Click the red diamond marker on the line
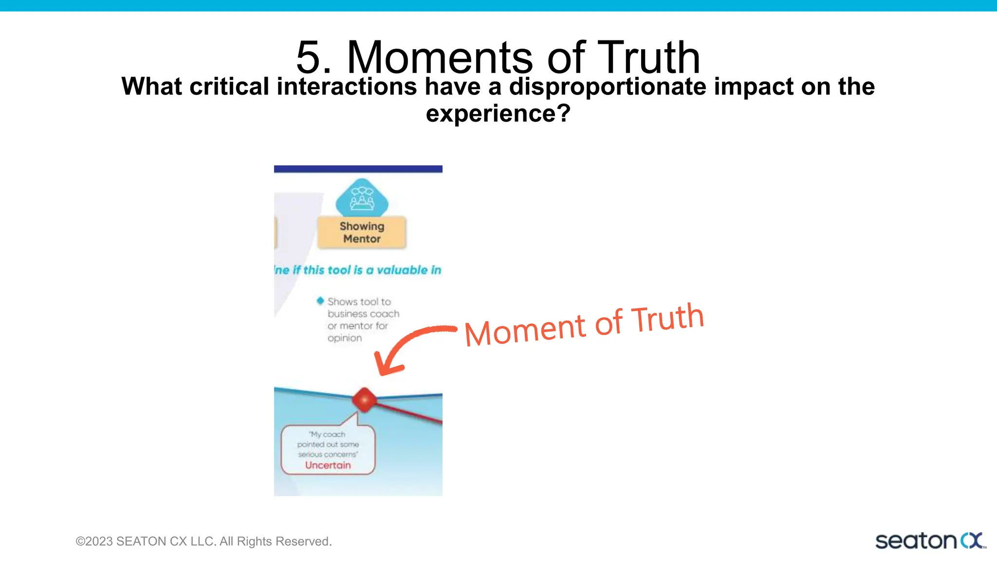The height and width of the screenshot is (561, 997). click(364, 399)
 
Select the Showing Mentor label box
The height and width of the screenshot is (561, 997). click(362, 233)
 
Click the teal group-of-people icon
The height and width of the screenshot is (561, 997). click(362, 198)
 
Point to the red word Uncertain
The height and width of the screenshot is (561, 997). click(328, 465)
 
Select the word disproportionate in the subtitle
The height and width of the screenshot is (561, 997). click(607, 87)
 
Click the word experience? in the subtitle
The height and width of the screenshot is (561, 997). click(498, 113)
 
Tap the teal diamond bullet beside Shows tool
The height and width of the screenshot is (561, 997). click(320, 301)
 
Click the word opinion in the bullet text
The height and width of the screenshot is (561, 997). click(344, 338)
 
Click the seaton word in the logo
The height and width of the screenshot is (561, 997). click(916, 541)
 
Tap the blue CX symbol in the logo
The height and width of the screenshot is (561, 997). click(972, 541)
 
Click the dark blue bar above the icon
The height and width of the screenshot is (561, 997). click(358, 169)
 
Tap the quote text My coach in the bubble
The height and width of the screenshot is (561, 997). click(327, 434)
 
